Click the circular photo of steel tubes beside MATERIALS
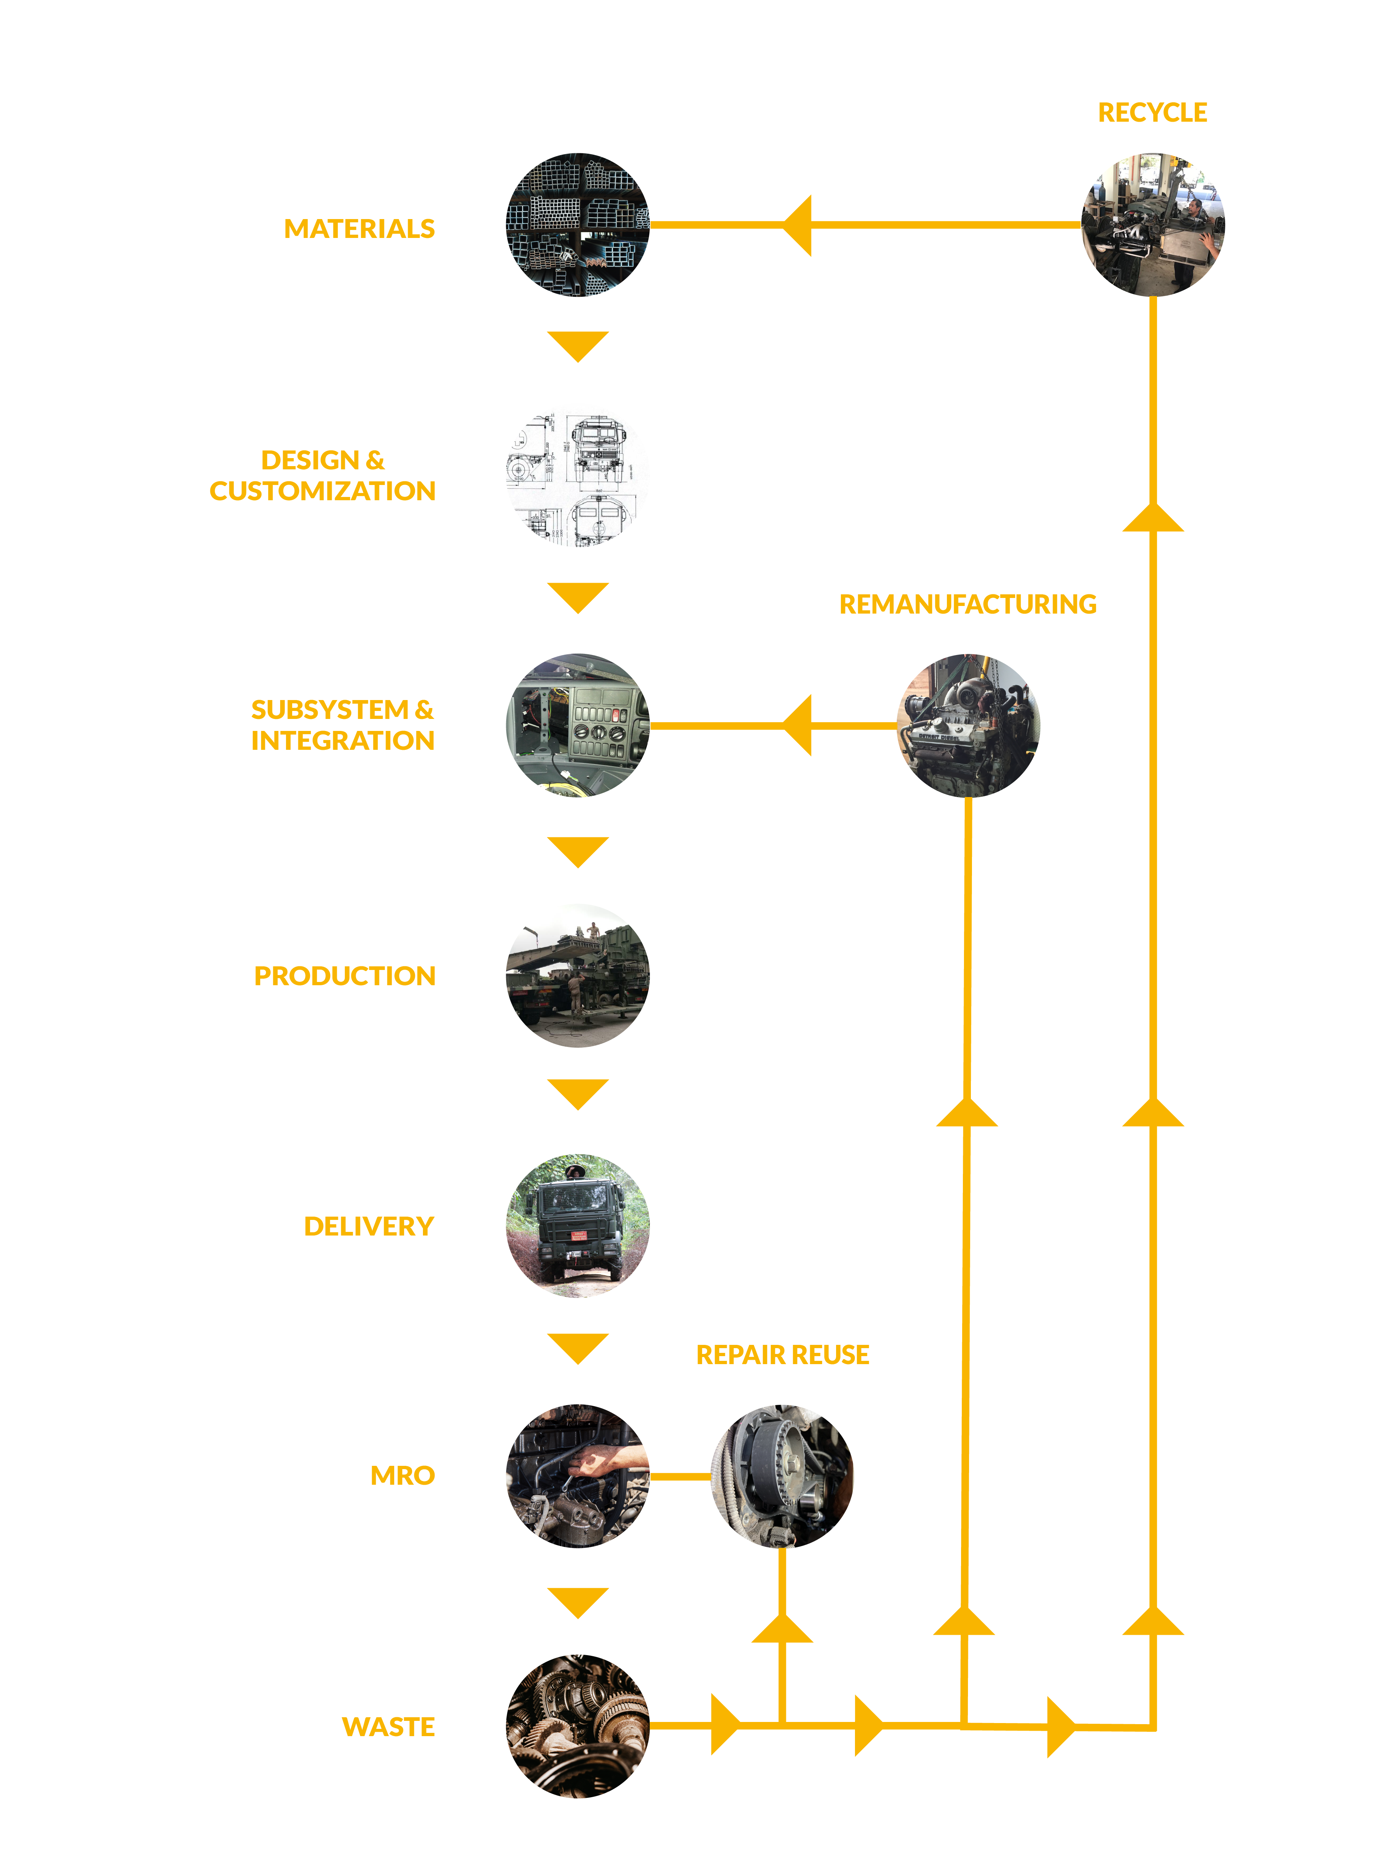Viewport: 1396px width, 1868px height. point(578,225)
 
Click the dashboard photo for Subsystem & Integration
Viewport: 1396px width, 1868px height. point(578,725)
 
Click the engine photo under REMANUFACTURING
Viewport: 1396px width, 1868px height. point(968,725)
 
